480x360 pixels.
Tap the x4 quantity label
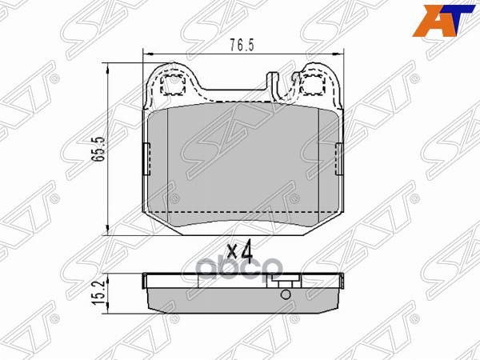(x=239, y=250)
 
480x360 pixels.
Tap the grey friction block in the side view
(x=240, y=298)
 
